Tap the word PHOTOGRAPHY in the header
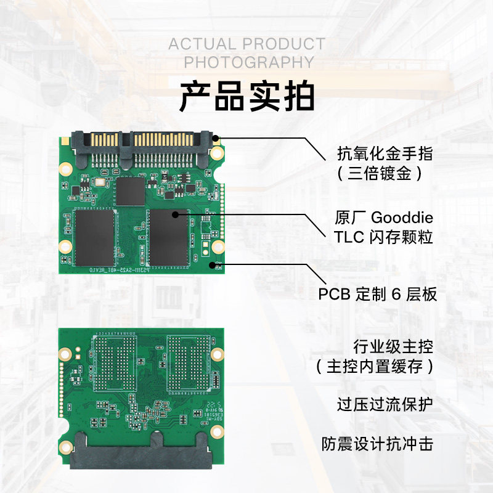(x=249, y=62)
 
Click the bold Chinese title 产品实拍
(x=246, y=97)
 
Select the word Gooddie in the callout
(x=402, y=218)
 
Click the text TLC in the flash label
(x=348, y=237)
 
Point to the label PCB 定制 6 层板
(x=377, y=294)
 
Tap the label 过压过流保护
(x=385, y=405)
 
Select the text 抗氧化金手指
(x=385, y=152)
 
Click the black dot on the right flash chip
(x=176, y=214)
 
